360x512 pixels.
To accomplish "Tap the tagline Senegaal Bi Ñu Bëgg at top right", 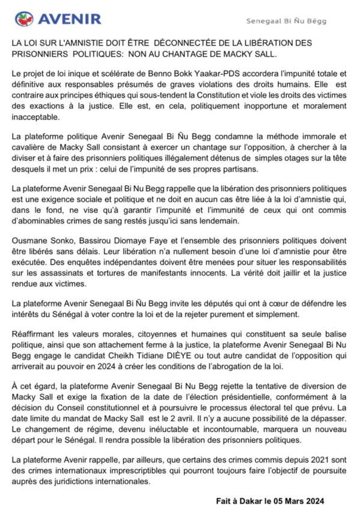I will pos(287,20).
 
